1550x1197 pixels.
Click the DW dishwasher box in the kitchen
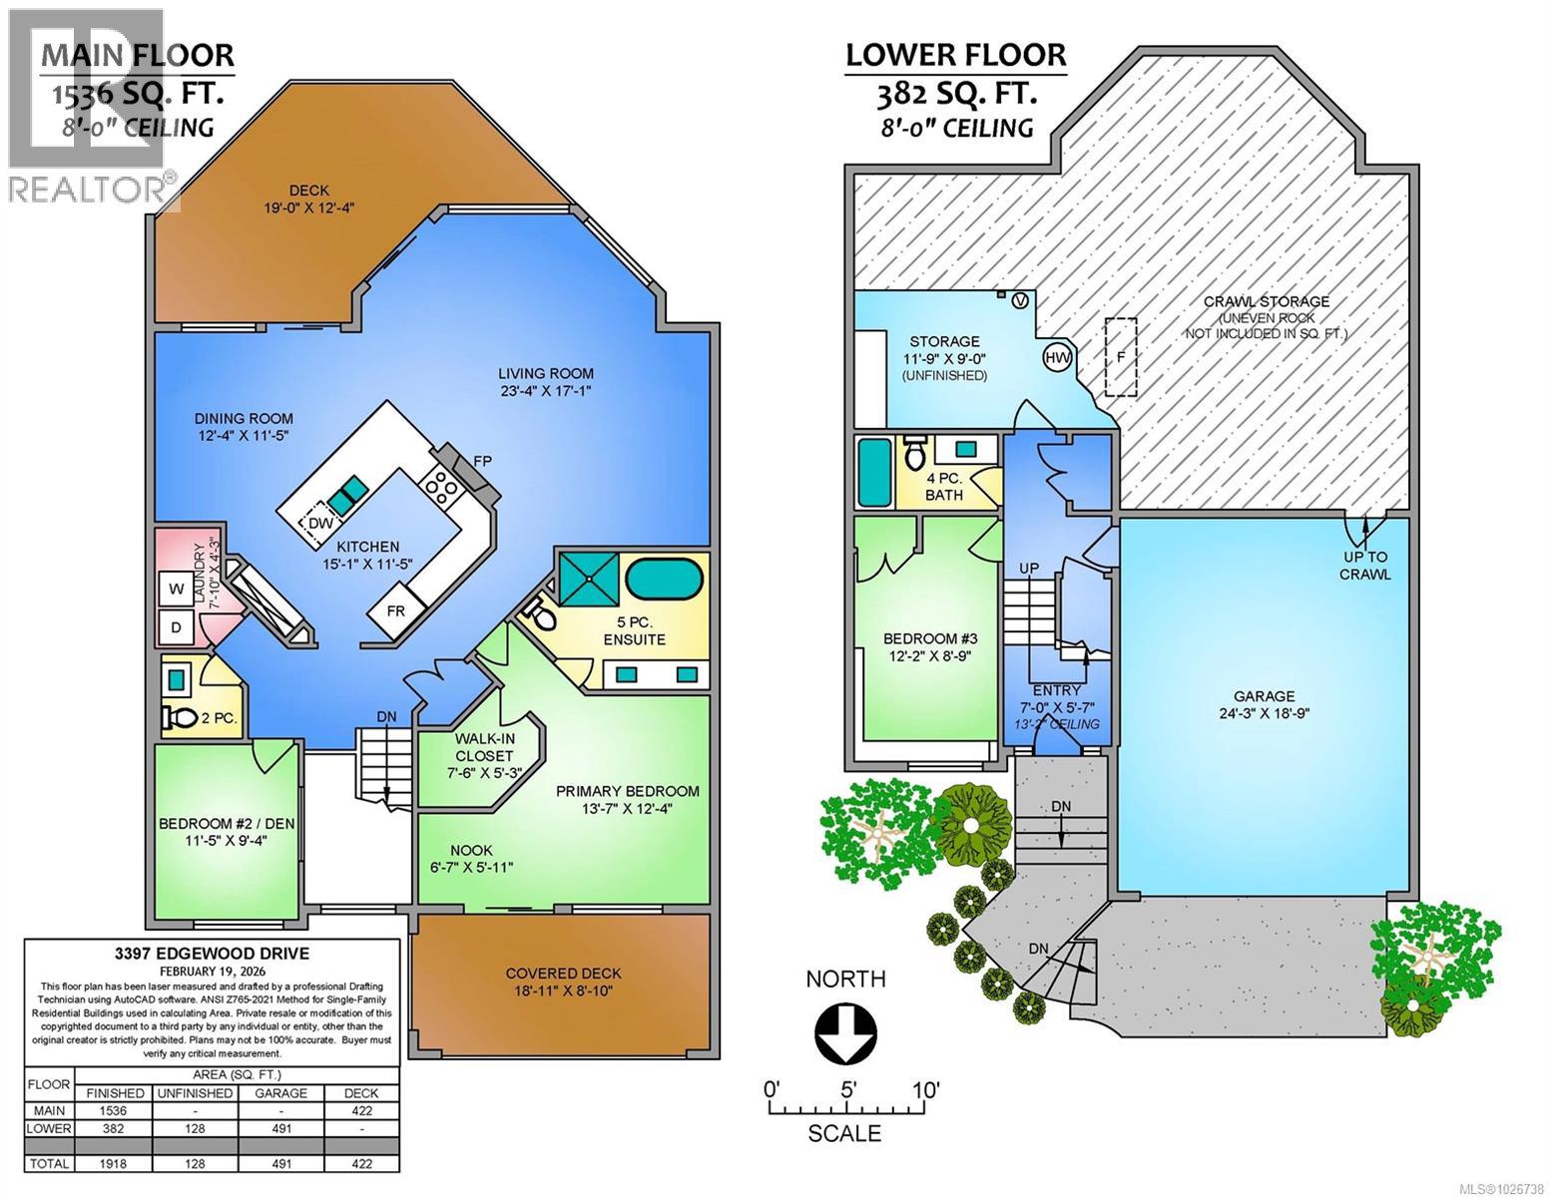point(320,525)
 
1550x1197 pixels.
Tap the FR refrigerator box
point(396,611)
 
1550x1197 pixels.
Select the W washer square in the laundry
point(178,590)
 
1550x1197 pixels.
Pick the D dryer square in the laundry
point(177,627)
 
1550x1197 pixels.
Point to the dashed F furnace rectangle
point(1121,356)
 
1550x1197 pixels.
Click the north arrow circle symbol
point(845,1033)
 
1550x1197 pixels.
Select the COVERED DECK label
point(563,974)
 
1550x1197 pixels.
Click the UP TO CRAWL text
point(1365,566)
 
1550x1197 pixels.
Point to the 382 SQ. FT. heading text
point(955,95)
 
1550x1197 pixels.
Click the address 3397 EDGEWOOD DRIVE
point(212,953)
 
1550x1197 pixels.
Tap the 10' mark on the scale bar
point(925,1090)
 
